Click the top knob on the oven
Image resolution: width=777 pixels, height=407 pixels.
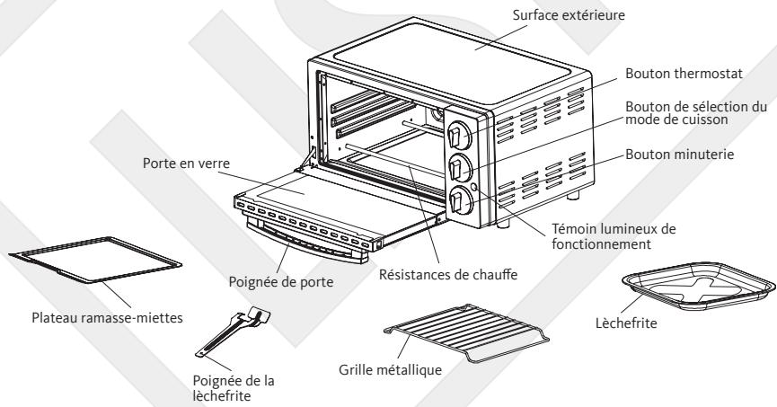point(458,134)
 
